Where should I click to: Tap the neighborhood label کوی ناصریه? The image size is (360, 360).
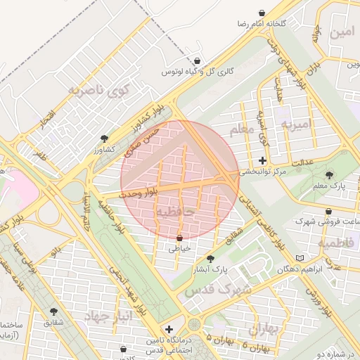click(x=100, y=91)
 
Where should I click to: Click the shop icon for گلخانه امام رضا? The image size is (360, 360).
click(x=262, y=13)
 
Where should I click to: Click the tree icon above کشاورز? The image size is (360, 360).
click(x=104, y=139)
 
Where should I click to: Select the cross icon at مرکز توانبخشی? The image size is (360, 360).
click(x=263, y=160)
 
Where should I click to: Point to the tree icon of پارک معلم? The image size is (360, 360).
click(x=329, y=174)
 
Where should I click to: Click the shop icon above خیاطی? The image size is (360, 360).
click(x=180, y=237)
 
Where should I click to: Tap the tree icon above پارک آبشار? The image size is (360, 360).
click(x=210, y=259)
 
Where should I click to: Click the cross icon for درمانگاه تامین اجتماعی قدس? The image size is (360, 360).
click(x=168, y=329)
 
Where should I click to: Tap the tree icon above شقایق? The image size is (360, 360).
click(x=53, y=311)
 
